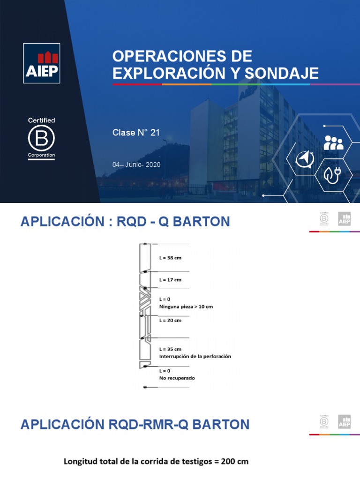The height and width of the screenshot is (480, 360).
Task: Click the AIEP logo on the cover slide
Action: [x=42, y=63]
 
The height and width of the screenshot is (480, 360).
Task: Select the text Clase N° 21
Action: [x=136, y=133]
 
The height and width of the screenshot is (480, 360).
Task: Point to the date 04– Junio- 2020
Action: [x=136, y=165]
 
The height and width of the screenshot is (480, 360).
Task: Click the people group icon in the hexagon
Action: [x=333, y=142]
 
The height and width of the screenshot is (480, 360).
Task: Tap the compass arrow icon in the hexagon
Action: [x=305, y=159]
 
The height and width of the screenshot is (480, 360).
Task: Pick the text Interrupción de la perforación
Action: [x=195, y=356]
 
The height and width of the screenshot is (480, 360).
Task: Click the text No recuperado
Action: [x=177, y=378]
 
